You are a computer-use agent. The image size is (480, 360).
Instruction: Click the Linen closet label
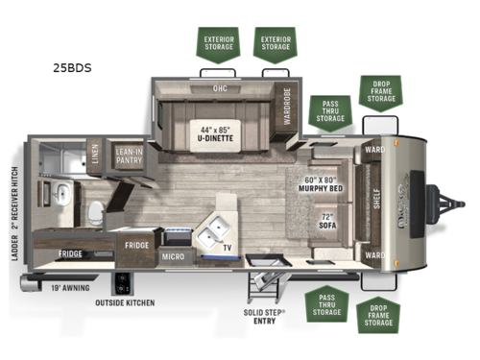pyautogui.click(x=96, y=156)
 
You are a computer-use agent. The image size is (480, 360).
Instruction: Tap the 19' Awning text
pyautogui.click(x=61, y=286)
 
